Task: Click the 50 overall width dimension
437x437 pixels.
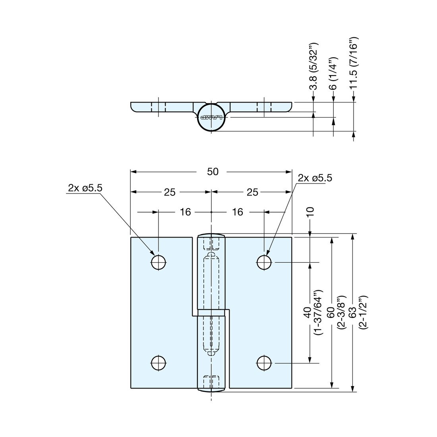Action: pos(213,172)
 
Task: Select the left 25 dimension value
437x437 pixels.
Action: pos(170,192)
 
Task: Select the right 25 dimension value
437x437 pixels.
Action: pos(252,192)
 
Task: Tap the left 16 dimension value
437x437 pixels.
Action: pos(185,212)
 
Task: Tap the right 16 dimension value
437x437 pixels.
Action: pos(238,212)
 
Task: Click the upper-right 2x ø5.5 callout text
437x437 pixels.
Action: pos(315,178)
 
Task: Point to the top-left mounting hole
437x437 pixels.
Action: pos(159,262)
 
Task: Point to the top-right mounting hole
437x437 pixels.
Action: pos(264,262)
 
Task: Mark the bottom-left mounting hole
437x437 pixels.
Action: pos(159,363)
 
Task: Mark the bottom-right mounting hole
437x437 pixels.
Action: pos(264,363)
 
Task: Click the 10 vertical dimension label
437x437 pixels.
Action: pos(310,212)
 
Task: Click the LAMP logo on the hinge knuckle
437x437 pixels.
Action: pos(211,118)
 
